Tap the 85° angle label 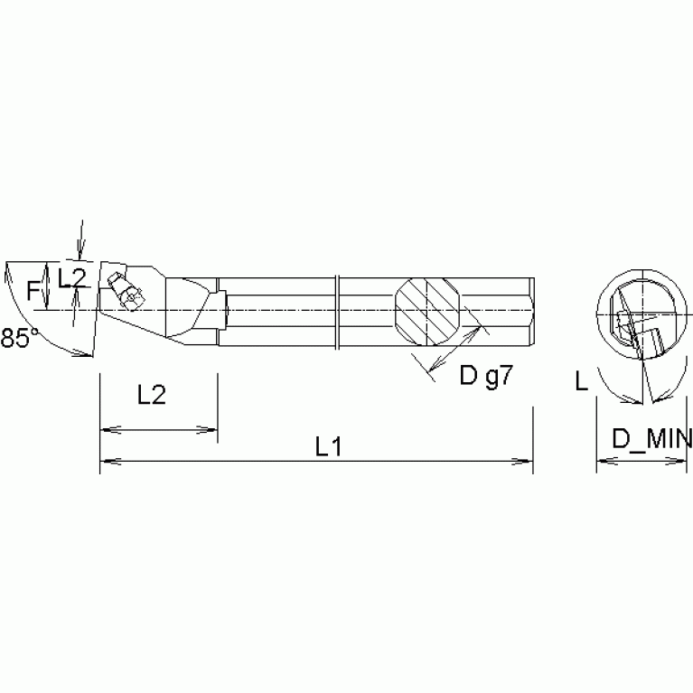tap(19, 339)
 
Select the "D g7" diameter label tap(485, 376)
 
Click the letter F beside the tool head tap(33, 291)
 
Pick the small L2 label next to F tap(71, 277)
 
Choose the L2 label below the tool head tap(151, 395)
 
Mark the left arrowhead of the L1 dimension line tap(105, 462)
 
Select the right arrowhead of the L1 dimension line tap(527, 462)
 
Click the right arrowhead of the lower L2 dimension tap(211, 429)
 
